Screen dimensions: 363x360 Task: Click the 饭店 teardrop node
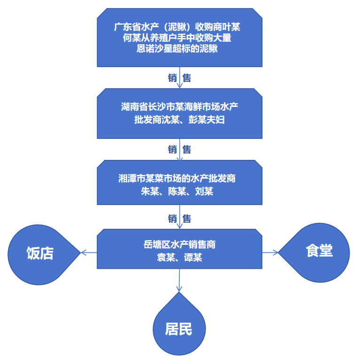tap(40, 253)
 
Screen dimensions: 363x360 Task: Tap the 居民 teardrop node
tap(178, 329)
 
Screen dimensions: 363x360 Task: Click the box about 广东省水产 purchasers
tap(179, 38)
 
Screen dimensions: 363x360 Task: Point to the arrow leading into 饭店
tap(89, 252)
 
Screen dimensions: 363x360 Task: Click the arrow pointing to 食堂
tap(270, 252)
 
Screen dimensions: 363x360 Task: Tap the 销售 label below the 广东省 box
tap(179, 78)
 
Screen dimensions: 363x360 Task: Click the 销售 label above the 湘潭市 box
tap(179, 150)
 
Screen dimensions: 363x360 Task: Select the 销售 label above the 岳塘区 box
tap(179, 219)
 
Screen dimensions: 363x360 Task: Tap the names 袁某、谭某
tap(179, 257)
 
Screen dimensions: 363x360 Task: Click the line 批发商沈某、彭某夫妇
tap(179, 120)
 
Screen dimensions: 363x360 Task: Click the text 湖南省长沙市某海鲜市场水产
tap(179, 107)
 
